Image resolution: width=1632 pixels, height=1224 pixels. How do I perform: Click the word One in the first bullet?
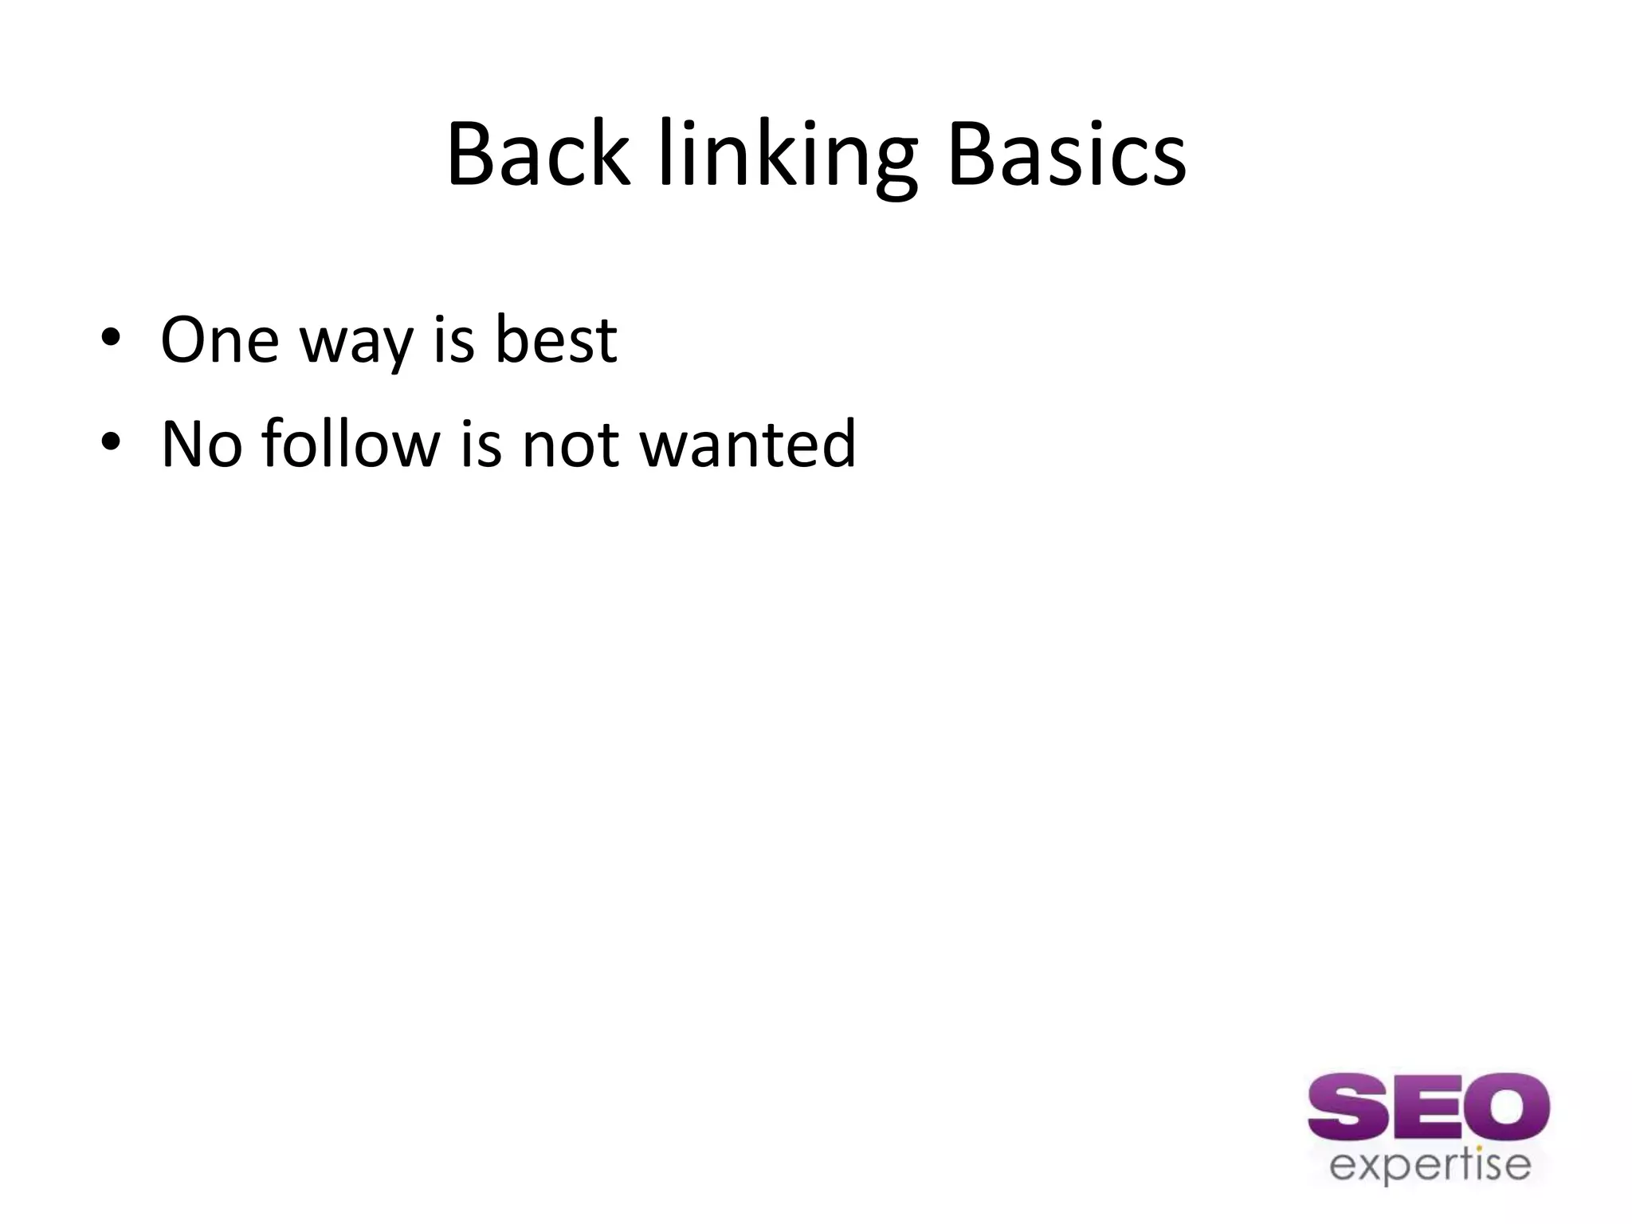point(220,340)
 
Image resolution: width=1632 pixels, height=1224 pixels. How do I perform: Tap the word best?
point(555,339)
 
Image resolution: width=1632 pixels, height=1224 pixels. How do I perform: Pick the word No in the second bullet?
point(202,444)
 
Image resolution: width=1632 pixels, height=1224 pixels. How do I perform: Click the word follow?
point(351,443)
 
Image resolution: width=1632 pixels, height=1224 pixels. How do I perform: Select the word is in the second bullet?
point(481,444)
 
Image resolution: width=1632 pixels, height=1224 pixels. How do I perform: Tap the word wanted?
point(748,444)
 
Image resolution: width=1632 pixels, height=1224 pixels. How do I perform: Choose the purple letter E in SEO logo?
point(1426,1110)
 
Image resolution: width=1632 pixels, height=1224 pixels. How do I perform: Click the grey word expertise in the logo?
point(1430,1168)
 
